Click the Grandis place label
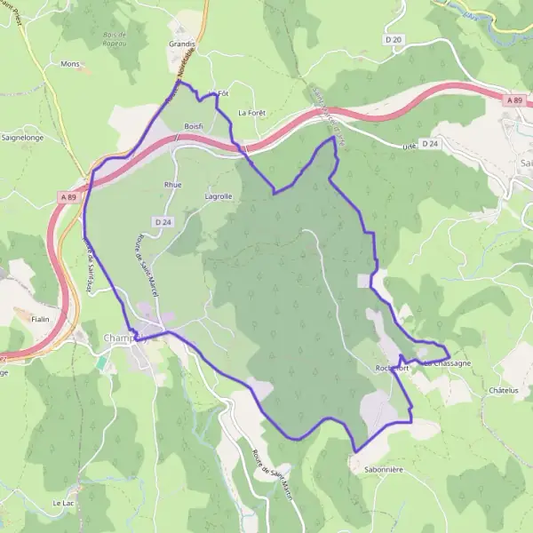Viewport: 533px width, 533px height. click(180, 43)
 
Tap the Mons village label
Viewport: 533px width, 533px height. click(69, 64)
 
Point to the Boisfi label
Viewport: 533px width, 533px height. click(194, 127)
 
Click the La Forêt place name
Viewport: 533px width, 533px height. click(252, 113)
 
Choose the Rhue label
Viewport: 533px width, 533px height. click(172, 185)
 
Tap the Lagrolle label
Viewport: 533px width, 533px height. click(219, 196)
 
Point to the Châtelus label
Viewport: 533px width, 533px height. click(502, 389)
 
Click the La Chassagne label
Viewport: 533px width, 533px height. click(447, 363)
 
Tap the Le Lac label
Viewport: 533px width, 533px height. click(62, 504)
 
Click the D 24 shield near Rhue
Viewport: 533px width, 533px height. click(162, 221)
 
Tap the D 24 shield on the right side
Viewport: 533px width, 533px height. click(430, 143)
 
